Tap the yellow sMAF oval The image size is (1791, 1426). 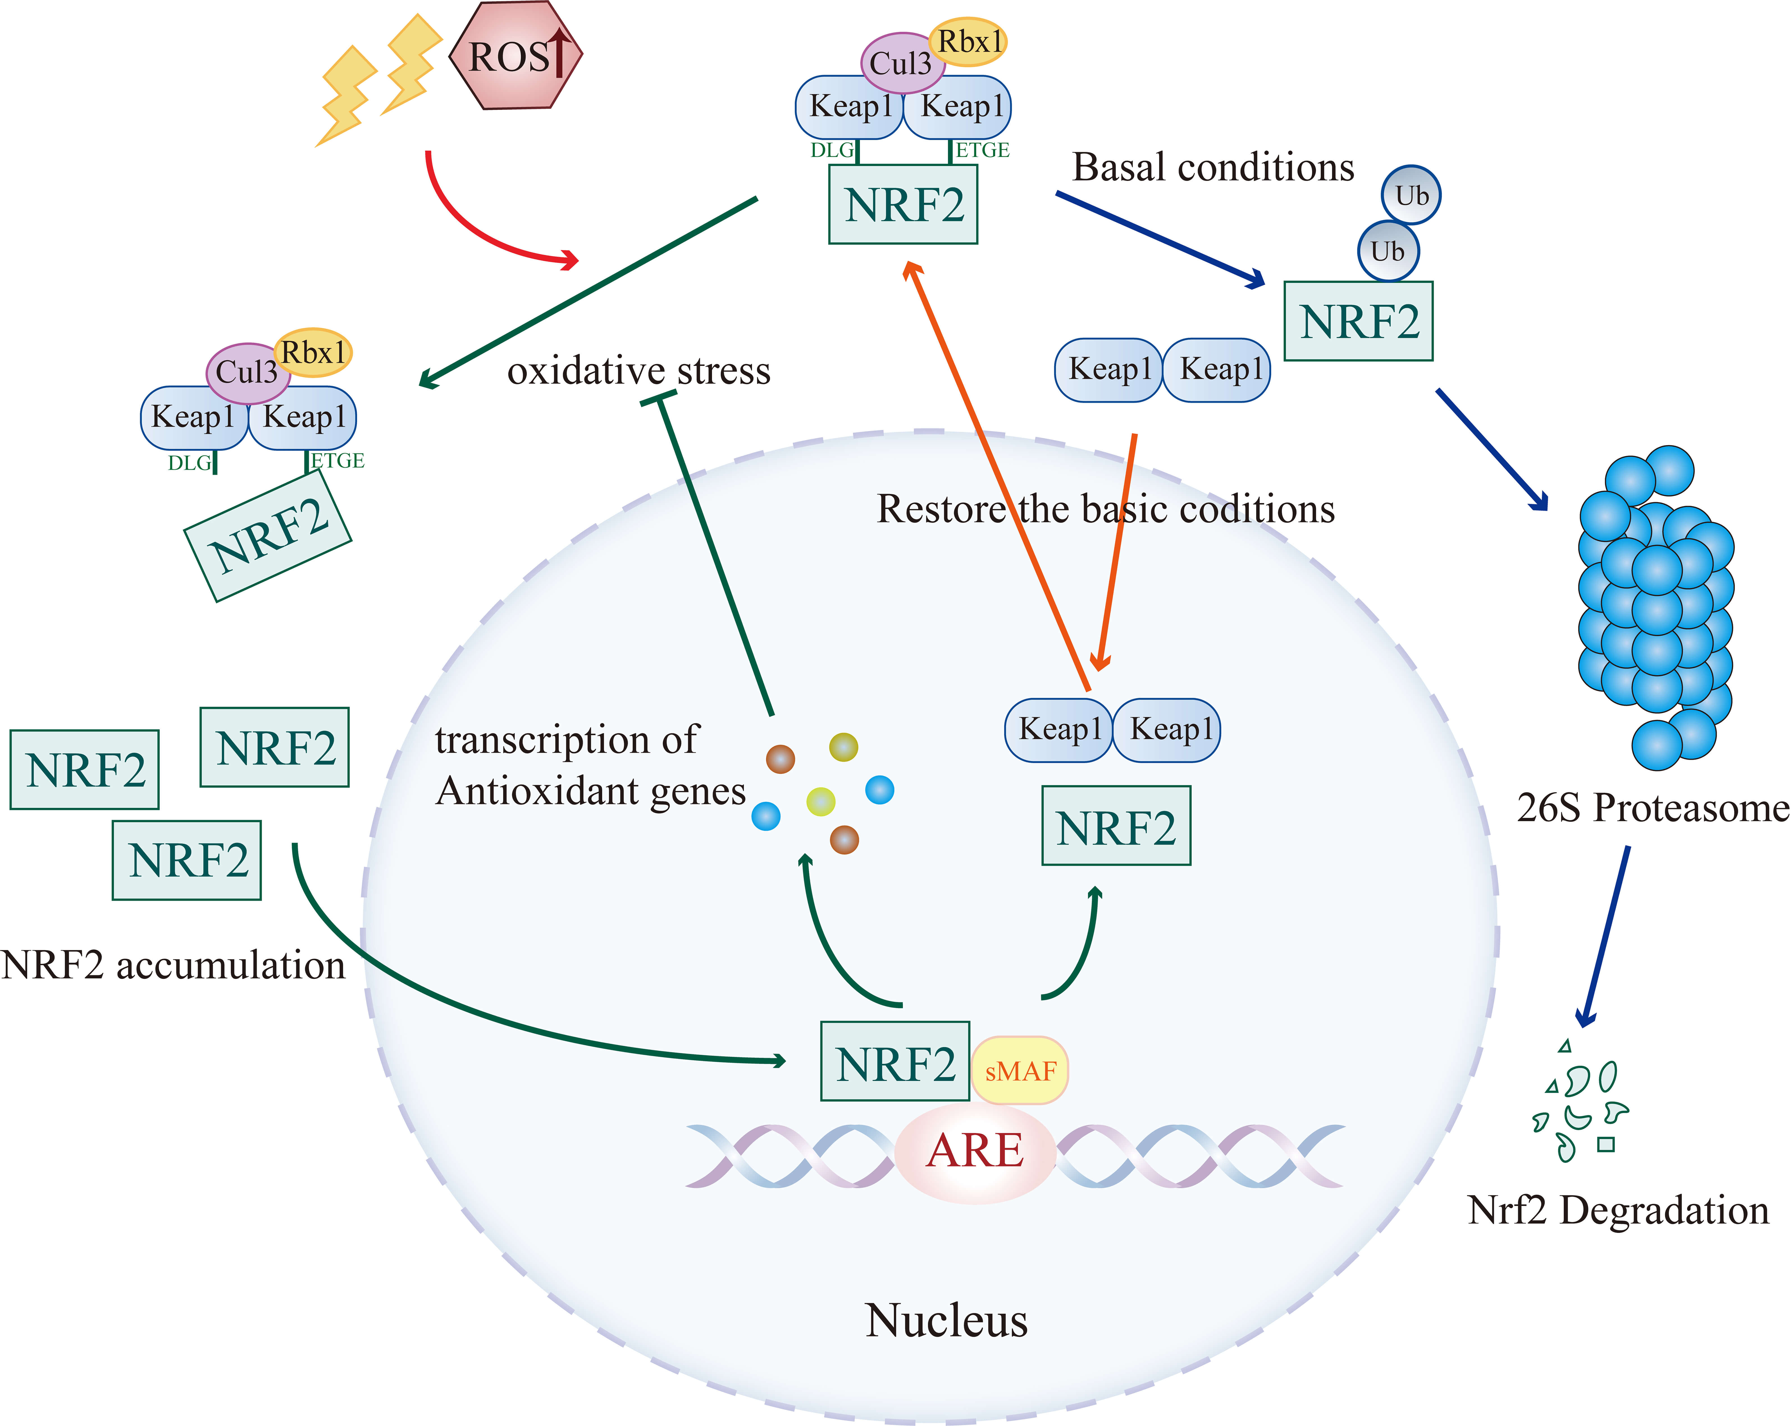(x=1020, y=1070)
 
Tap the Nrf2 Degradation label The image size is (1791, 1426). (x=1617, y=1210)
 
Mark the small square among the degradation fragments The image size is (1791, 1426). (x=1606, y=1145)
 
